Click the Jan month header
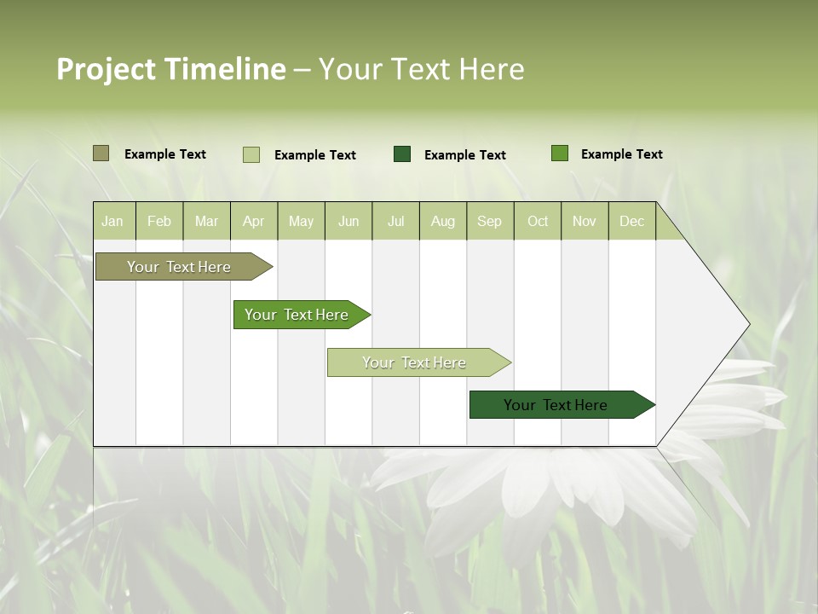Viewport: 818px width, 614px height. [x=113, y=221]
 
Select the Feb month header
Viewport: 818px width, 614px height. [x=159, y=221]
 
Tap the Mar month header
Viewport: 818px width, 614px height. [x=206, y=221]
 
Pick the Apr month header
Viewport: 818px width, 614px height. [x=254, y=221]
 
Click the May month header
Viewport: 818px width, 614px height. [x=301, y=221]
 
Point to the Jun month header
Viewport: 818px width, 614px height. [x=349, y=221]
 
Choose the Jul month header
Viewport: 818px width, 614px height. [x=395, y=221]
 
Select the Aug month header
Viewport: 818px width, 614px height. [x=443, y=221]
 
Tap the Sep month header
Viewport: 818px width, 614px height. [x=490, y=221]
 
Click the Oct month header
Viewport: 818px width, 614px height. [x=538, y=221]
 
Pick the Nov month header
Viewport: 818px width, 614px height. [x=585, y=221]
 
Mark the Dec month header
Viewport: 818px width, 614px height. [x=632, y=221]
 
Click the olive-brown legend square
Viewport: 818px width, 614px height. [x=101, y=153]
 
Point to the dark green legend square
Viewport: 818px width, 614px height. [x=402, y=154]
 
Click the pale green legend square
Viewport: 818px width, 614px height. [x=251, y=154]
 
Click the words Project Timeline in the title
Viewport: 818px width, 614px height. [x=171, y=69]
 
